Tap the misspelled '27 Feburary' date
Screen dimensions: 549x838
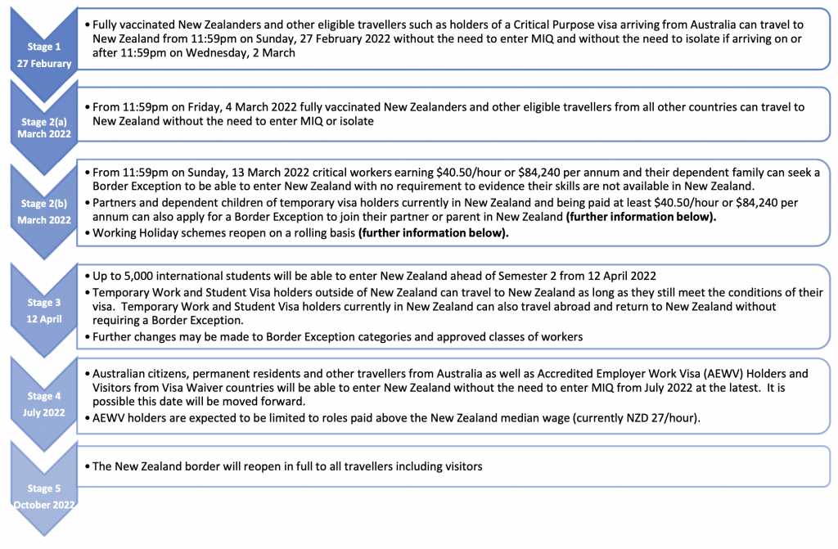(45, 63)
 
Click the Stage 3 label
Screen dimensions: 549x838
(45, 303)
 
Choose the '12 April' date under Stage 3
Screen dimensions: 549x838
(45, 319)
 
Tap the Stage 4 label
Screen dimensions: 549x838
(45, 396)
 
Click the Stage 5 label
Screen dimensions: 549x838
(45, 488)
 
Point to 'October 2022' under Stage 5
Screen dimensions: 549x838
(45, 504)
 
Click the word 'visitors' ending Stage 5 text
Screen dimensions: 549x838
(459, 466)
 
